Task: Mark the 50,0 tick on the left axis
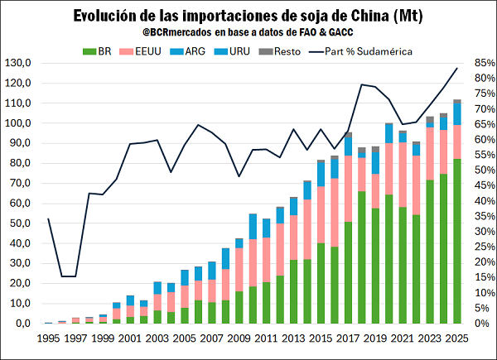(21, 223)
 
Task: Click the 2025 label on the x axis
(456, 338)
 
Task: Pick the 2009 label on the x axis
(239, 338)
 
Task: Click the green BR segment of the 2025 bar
(456, 240)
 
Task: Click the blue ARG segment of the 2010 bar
(253, 228)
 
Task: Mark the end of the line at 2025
(456, 68)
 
